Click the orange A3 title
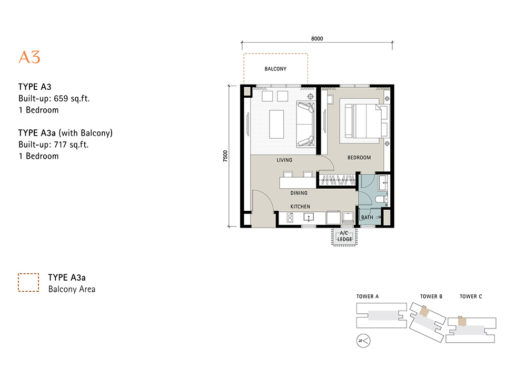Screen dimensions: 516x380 tap(29, 57)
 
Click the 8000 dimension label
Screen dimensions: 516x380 tap(317, 39)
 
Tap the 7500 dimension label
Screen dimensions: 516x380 tap(225, 156)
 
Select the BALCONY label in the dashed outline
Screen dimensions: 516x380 tap(275, 69)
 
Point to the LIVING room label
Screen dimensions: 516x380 tap(284, 160)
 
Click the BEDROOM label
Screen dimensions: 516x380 tap(359, 158)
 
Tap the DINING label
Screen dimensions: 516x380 tap(299, 193)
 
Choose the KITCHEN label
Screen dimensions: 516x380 tap(300, 207)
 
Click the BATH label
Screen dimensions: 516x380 tap(367, 218)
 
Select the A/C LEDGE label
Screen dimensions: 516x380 tap(344, 236)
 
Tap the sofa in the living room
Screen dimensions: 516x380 tap(305, 125)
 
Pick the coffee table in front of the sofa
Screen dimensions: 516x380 tap(276, 124)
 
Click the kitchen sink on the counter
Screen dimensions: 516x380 tap(309, 217)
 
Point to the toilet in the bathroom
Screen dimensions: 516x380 tap(381, 199)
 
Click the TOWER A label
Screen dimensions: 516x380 tap(368, 296)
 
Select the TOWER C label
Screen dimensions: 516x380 tap(471, 296)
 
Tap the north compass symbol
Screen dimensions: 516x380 tap(363, 341)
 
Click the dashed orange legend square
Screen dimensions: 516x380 tap(28, 282)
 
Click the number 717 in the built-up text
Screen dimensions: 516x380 tap(60, 145)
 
